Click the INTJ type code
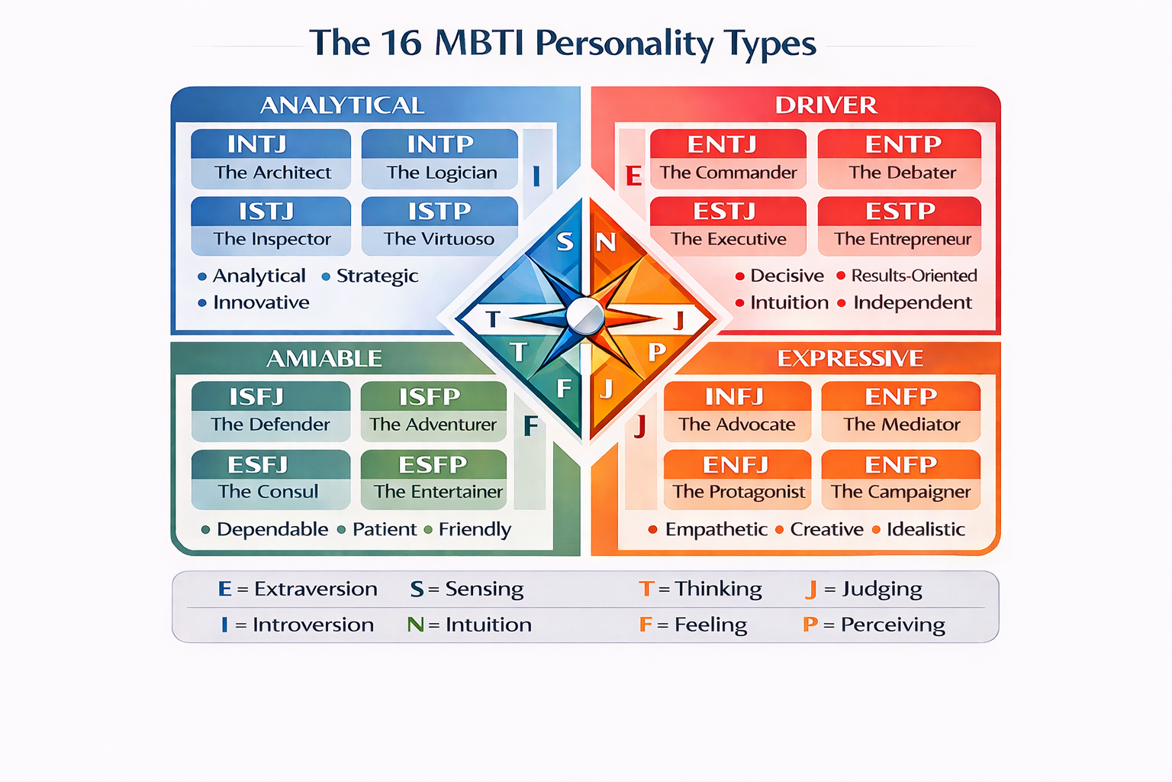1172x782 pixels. (257, 144)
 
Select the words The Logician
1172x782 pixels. (442, 173)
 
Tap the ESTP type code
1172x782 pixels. (900, 211)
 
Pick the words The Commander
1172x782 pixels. (728, 173)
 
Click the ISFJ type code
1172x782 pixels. (256, 397)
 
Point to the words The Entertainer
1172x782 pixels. (438, 492)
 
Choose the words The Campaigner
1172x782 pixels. (900, 492)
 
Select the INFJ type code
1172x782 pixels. (734, 397)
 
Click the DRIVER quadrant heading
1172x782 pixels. (826, 105)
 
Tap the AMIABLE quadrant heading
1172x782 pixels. (324, 358)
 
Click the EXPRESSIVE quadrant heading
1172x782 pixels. (850, 358)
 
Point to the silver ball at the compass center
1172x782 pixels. (585, 316)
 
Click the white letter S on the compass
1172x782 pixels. (565, 241)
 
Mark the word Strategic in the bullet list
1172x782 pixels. (377, 276)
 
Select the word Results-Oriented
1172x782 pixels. (914, 276)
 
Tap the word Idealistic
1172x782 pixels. (926, 529)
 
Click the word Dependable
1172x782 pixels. (272, 529)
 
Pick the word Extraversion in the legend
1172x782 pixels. (316, 589)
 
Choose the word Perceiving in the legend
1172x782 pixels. (893, 625)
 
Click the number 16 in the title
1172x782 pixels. (401, 43)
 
